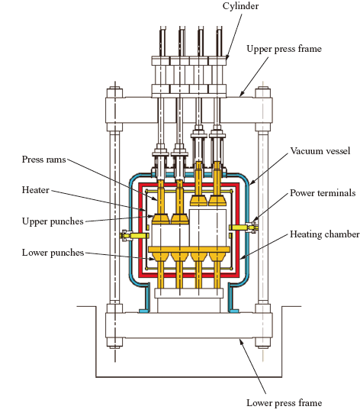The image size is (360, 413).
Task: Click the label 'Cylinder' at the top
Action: tap(240, 6)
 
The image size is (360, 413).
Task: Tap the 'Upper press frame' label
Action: tap(284, 49)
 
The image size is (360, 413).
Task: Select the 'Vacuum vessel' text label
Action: tap(320, 151)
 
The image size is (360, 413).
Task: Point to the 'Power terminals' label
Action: tap(323, 193)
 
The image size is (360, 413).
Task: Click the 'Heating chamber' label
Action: tap(324, 234)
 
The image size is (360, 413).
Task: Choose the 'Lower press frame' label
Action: tap(284, 403)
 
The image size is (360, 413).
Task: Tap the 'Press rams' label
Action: tap(43, 160)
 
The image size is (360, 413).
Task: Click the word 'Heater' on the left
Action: tap(36, 190)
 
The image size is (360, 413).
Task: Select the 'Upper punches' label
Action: tap(53, 221)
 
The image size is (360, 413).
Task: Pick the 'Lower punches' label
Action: tap(53, 253)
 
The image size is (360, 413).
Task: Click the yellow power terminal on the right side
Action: tap(243, 227)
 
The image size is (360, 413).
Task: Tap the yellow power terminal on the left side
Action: tap(134, 235)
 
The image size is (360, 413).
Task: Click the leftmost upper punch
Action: tap(161, 218)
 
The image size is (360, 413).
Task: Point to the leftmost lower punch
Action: tap(161, 257)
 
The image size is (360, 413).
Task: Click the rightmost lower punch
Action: tap(217, 257)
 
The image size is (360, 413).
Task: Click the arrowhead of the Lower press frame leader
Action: tap(241, 341)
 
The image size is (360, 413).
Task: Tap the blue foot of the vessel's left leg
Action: tap(143, 311)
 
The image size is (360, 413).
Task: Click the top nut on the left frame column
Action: tap(114, 92)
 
